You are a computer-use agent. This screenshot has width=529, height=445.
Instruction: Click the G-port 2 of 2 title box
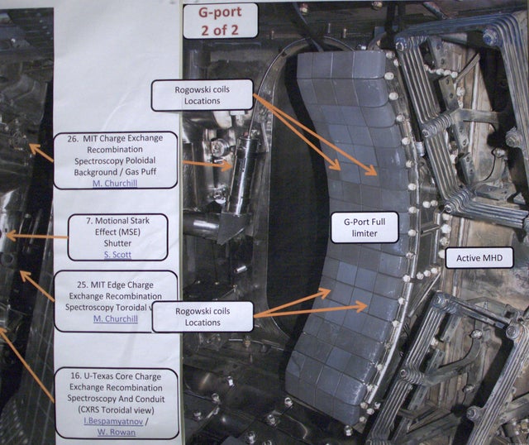click(x=219, y=21)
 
